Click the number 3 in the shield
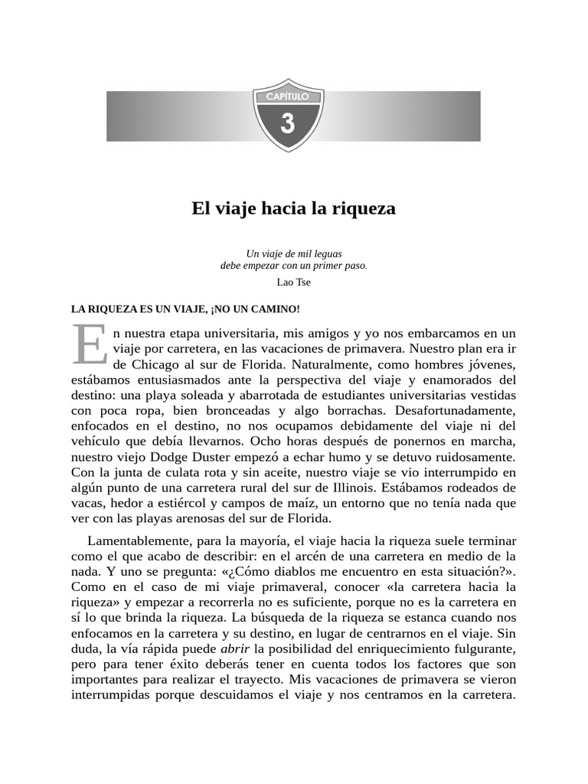coord(288,122)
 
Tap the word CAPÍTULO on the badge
coord(288,97)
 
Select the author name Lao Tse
coord(294,282)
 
